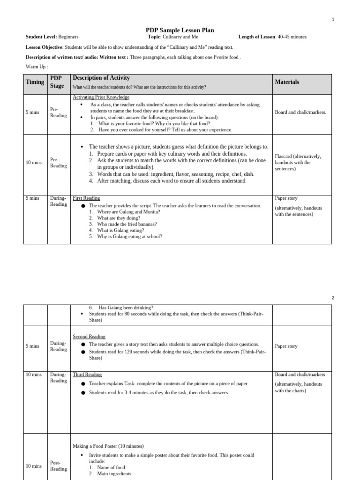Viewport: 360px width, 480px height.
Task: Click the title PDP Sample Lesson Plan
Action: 180,30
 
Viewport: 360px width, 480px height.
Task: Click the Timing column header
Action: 35,82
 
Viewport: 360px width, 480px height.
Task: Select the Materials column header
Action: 287,82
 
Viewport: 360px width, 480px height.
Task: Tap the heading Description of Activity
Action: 101,78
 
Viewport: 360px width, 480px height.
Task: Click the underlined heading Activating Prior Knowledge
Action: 101,97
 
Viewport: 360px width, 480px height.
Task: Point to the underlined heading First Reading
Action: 86,198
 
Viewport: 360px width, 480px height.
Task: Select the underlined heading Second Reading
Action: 89,337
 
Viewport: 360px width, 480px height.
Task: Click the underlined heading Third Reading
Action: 87,375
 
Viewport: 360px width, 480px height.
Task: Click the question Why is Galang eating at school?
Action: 129,237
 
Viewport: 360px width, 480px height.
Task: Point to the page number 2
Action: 333,298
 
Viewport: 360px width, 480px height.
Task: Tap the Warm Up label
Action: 37,67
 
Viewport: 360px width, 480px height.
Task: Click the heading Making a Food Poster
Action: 108,446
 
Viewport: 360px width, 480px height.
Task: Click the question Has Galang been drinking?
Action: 126,307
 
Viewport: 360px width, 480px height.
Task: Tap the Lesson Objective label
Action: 44,47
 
